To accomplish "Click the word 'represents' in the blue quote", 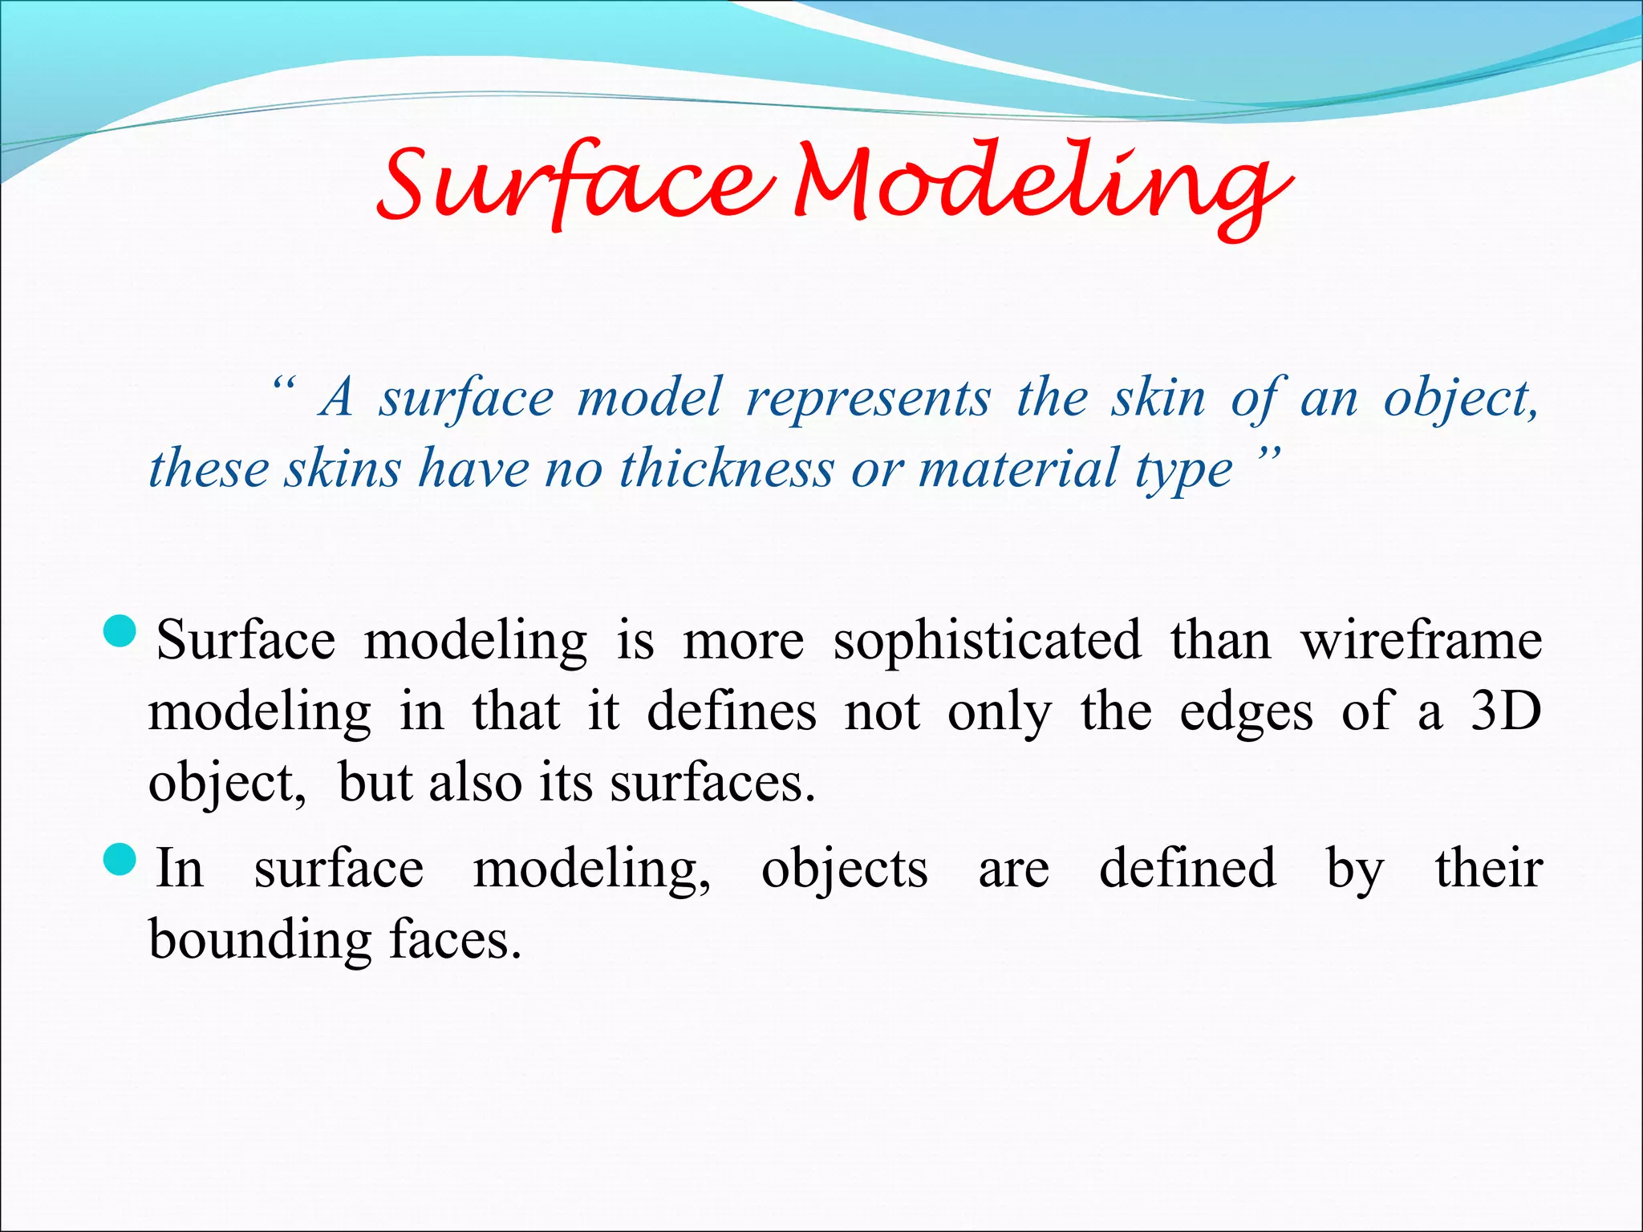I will pos(868,399).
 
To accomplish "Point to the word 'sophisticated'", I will pos(987,642).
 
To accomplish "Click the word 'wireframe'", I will pos(1421,642).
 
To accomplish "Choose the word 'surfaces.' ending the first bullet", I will pos(712,783).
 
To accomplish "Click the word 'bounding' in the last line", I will pos(260,941).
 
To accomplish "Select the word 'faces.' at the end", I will pos(456,939).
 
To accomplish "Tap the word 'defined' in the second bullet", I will pos(1187,869).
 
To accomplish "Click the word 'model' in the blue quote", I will pos(650,399).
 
